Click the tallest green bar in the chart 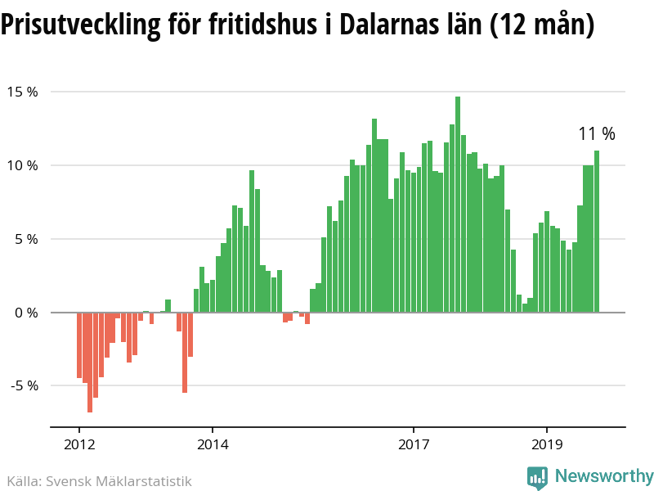point(458,205)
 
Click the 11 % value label point(596,134)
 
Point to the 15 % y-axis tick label point(24,92)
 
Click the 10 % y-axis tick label point(24,165)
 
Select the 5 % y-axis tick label point(26,239)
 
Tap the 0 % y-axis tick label point(26,313)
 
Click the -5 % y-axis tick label point(24,385)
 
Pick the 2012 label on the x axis point(79,447)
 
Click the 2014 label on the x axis point(213,447)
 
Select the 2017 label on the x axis point(414,447)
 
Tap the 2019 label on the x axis point(547,447)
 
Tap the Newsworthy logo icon point(537,477)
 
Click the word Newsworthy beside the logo point(604,476)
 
